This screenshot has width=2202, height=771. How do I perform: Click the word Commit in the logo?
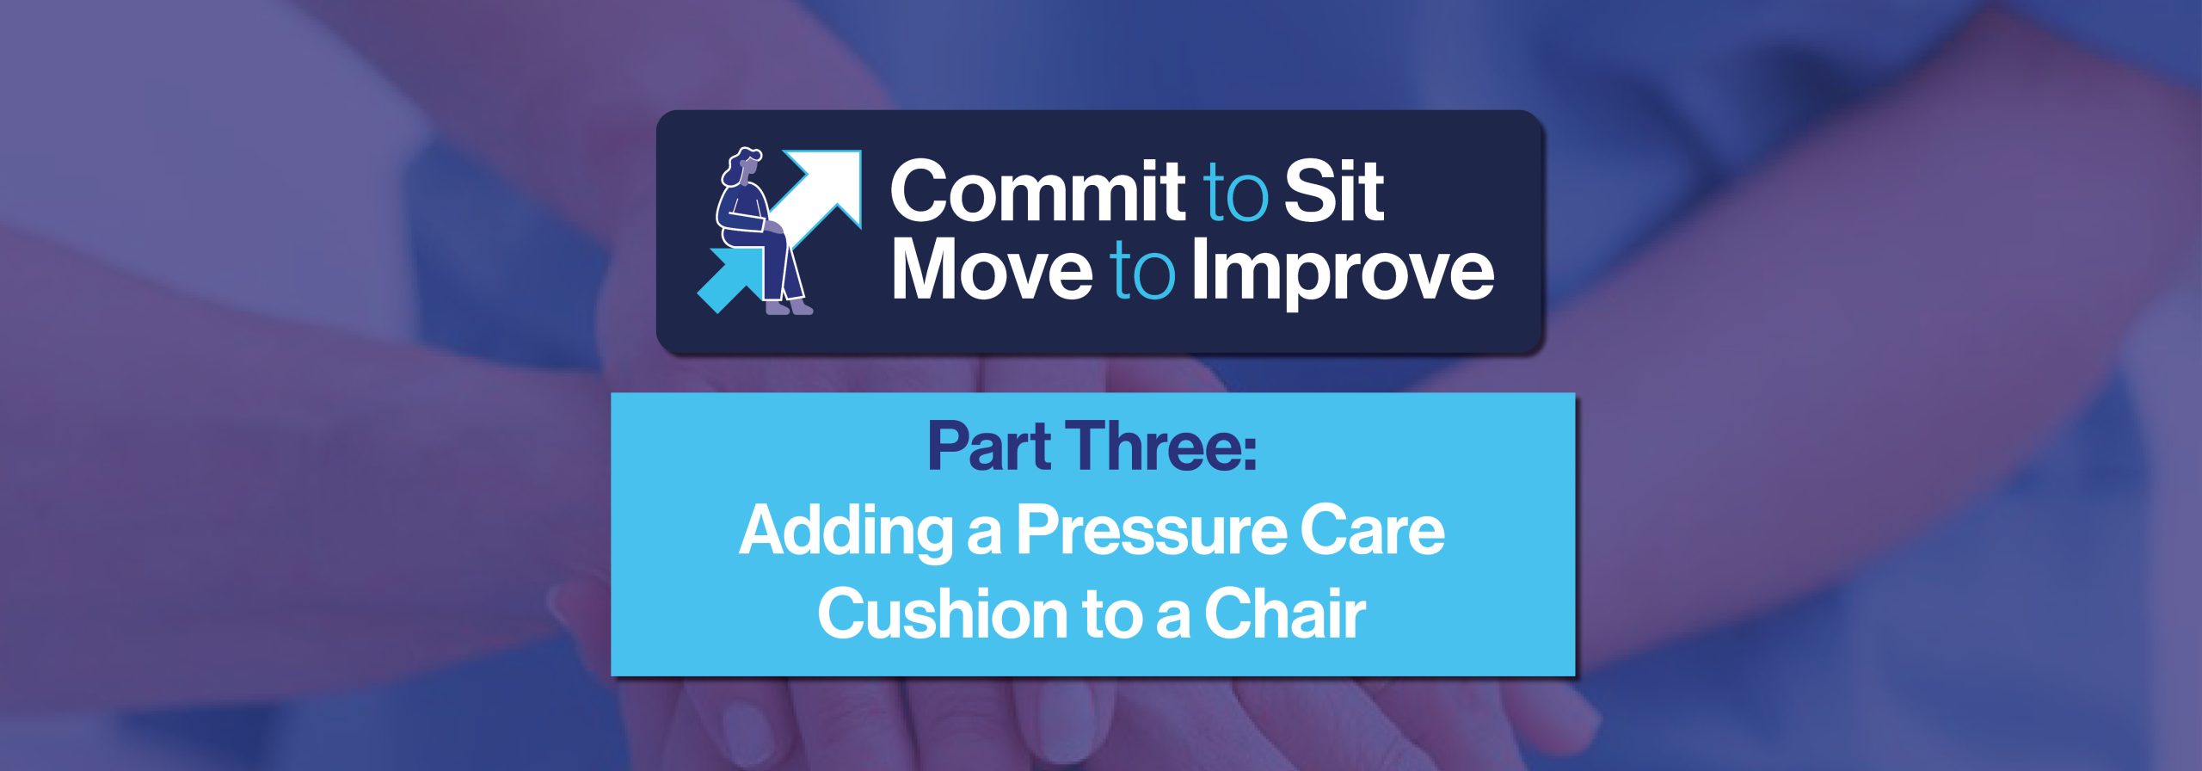pyautogui.click(x=1038, y=190)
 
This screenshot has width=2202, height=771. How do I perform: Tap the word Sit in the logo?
pyautogui.click(x=1334, y=190)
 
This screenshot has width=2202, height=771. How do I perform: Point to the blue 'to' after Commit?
pyautogui.click(x=1235, y=194)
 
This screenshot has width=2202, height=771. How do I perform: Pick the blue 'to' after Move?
pyautogui.click(x=1143, y=272)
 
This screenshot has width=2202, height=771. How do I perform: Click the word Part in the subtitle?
pyautogui.click(x=989, y=447)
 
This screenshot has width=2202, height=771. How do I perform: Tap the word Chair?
pyautogui.click(x=1285, y=614)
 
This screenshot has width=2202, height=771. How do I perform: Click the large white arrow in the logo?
pyautogui.click(x=818, y=193)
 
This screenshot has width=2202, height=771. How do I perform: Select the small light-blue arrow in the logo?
pyautogui.click(x=729, y=279)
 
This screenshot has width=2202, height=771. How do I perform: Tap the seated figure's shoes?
pyautogui.click(x=789, y=306)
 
